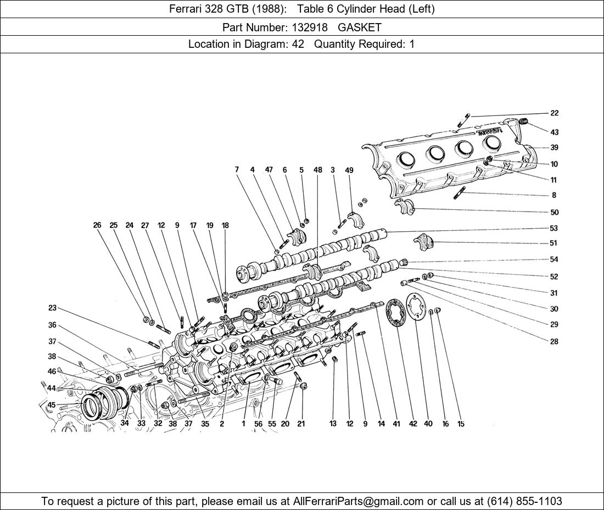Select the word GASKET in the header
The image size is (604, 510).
pos(360,27)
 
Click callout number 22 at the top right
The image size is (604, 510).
pos(554,113)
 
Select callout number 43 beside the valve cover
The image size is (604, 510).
pos(554,132)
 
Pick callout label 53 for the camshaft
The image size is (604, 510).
pos(554,229)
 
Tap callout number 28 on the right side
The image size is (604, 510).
pos(554,342)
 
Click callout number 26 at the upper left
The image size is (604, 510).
pos(97,225)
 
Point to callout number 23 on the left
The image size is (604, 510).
pos(52,308)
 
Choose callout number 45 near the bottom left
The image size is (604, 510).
pos(52,405)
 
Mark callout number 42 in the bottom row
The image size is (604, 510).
pos(413,424)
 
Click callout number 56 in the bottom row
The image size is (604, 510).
pos(258,424)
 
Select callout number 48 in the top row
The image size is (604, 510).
pos(318,170)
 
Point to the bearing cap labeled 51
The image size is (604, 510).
pos(423,241)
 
